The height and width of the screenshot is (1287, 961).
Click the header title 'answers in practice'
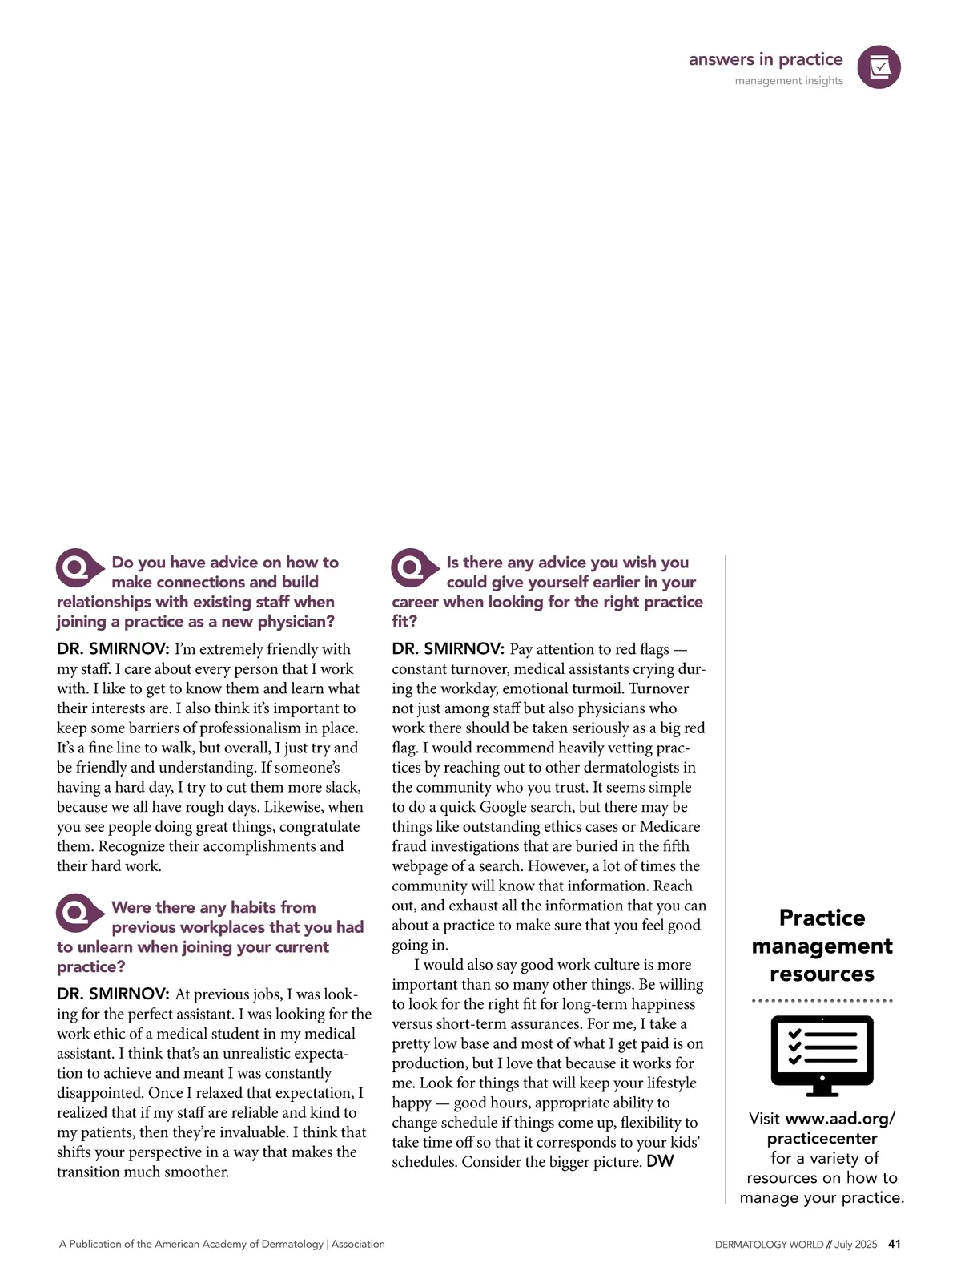click(765, 59)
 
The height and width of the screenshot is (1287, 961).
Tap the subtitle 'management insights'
click(788, 81)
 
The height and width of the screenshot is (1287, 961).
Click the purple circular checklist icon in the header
click(879, 67)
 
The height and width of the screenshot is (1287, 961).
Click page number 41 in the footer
click(895, 1244)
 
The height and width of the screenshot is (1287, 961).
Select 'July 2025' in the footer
click(855, 1245)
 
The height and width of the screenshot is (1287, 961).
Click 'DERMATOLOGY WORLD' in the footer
click(769, 1245)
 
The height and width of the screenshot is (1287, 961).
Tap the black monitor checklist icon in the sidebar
click(822, 1055)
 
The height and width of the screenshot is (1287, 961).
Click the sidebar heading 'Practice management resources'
click(822, 946)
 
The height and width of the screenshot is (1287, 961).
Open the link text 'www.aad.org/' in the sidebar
click(840, 1119)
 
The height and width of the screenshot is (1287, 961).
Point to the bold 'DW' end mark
click(660, 1161)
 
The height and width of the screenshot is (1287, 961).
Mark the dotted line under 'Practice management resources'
click(822, 1001)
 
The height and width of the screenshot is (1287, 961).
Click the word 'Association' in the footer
click(358, 1245)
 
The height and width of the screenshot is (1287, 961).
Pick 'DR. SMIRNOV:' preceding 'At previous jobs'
click(113, 994)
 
